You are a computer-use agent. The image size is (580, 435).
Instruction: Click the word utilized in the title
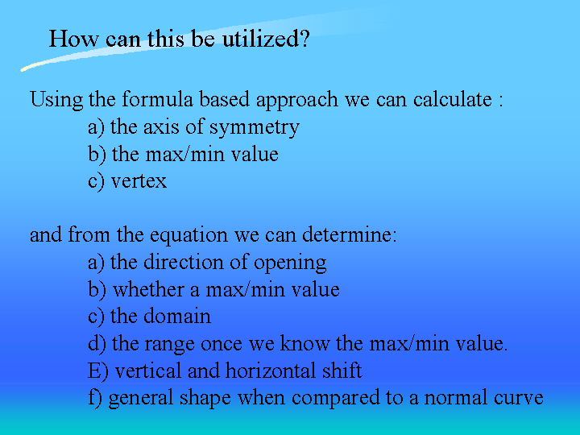click(266, 39)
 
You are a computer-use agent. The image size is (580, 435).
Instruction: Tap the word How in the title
click(74, 39)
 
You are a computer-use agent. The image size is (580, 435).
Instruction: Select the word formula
click(158, 99)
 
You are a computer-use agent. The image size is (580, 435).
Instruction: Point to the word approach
click(297, 101)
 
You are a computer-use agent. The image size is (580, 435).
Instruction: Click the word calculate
click(453, 99)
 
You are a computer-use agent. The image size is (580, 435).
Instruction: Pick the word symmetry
click(255, 128)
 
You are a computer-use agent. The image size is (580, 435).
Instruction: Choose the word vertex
click(139, 181)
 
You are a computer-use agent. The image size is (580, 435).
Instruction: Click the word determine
click(350, 234)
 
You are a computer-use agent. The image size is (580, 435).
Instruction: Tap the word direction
click(184, 262)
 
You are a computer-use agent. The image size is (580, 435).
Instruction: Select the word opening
click(290, 263)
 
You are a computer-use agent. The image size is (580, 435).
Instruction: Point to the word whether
click(147, 289)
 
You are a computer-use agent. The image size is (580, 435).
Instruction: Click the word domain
click(176, 317)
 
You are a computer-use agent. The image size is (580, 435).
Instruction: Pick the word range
click(169, 345)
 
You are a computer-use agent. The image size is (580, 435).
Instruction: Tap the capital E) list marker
click(98, 371)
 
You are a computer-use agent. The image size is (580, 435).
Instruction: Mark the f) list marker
click(95, 398)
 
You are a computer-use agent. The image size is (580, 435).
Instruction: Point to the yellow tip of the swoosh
click(23, 68)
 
